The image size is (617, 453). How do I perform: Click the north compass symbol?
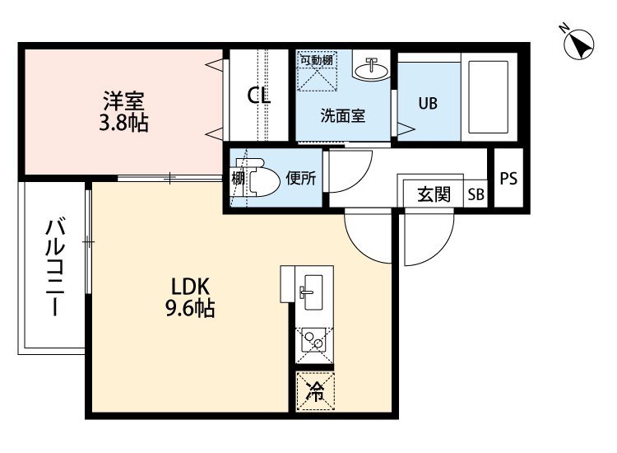click(581, 44)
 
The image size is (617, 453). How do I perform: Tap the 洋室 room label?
click(123, 102)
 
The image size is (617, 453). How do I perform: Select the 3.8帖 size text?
click(123, 124)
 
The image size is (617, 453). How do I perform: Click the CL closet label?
click(259, 96)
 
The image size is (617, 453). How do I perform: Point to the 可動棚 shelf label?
click(316, 60)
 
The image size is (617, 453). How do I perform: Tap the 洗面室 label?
click(342, 115)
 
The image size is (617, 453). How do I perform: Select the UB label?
click(427, 104)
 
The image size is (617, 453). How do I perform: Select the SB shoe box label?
click(476, 195)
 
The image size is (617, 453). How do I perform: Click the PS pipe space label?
click(508, 178)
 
